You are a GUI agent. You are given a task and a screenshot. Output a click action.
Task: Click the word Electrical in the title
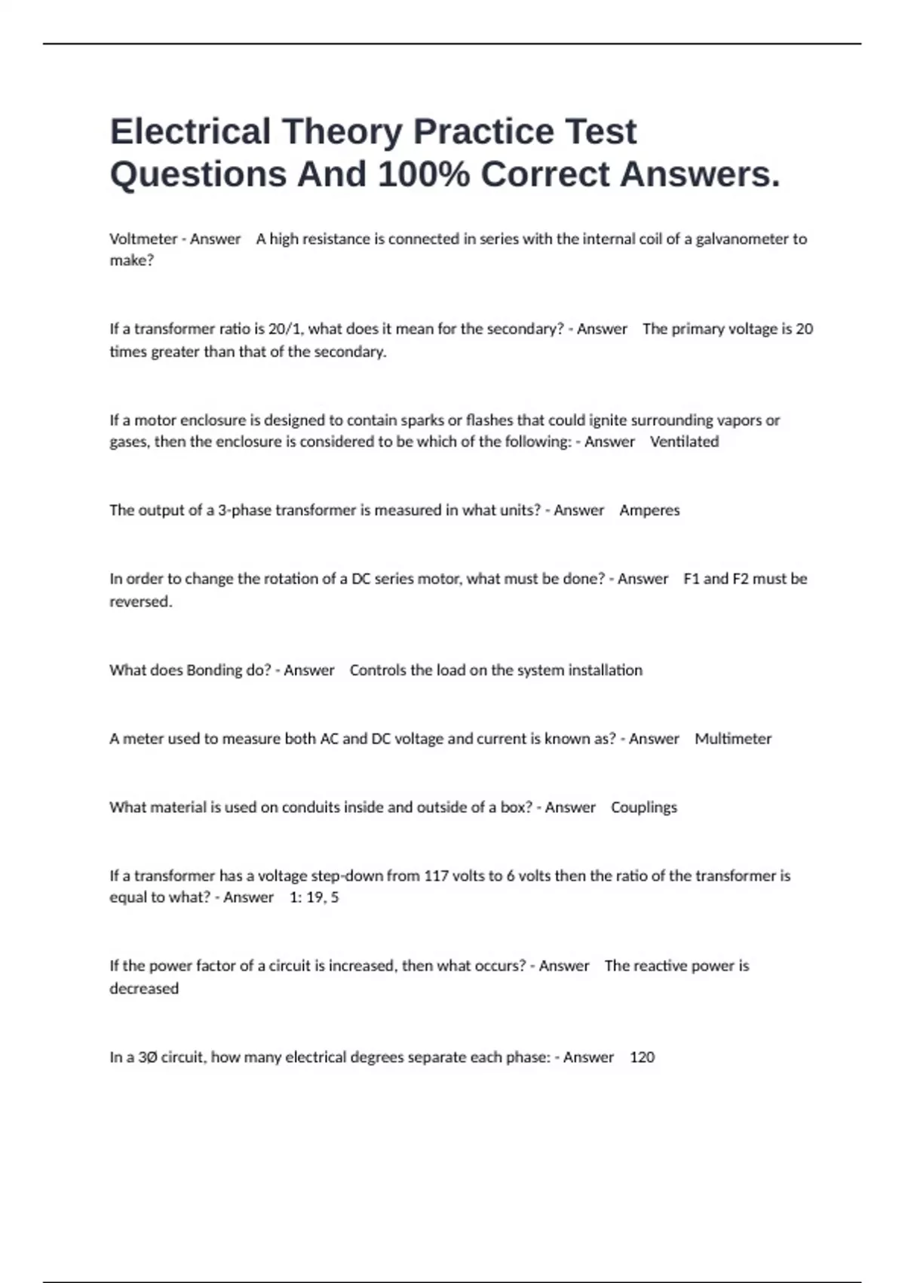[x=190, y=131]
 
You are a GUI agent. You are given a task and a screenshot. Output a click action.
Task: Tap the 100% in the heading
[x=418, y=174]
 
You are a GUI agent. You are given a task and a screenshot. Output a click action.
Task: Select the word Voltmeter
[x=143, y=239]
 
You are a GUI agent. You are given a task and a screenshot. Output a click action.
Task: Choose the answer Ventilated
[x=684, y=442]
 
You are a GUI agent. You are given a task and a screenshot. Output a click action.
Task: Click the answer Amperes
[x=649, y=510]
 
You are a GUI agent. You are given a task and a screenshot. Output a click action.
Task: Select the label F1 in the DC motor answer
[x=691, y=579]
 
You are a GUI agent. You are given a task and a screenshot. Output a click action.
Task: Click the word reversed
[x=140, y=602]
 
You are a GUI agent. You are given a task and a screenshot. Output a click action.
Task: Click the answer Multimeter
[x=733, y=739]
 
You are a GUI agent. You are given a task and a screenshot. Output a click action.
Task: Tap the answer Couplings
[x=644, y=808]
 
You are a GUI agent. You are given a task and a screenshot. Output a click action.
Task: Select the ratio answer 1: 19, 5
[x=314, y=897]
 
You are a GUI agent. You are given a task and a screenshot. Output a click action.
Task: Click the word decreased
[x=144, y=989]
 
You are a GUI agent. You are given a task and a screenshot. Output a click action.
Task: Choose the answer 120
[x=642, y=1057]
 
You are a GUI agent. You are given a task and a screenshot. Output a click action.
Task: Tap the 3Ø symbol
[x=147, y=1057]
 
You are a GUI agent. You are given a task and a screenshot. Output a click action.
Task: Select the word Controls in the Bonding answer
[x=378, y=670]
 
